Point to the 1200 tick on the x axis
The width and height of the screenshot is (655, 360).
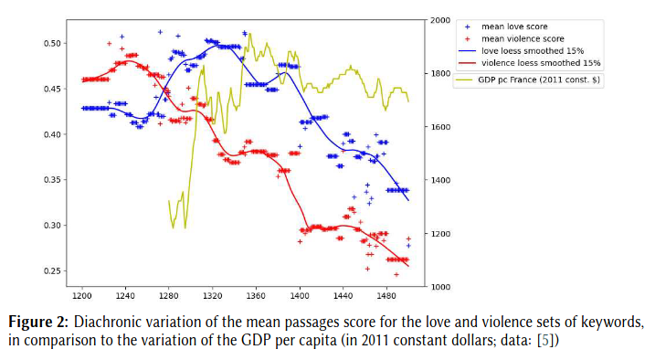(81, 297)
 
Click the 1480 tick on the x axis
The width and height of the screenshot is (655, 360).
(386, 297)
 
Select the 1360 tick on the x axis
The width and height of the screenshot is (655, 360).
(256, 297)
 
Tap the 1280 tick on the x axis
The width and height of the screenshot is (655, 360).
(169, 297)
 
